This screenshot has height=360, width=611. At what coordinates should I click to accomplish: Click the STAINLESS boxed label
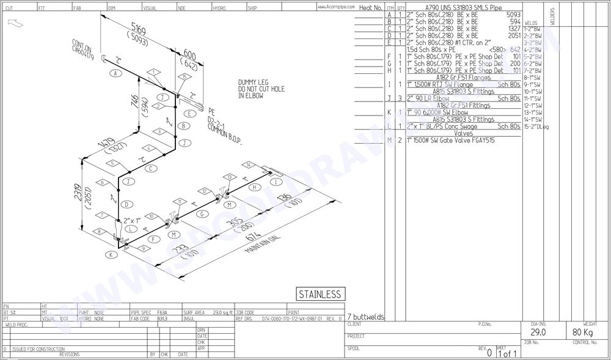click(319, 295)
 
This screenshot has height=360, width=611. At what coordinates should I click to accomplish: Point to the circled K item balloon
click(110, 254)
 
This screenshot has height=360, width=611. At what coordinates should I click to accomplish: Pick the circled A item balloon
click(114, 73)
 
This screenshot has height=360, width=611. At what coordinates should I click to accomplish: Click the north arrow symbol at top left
click(15, 23)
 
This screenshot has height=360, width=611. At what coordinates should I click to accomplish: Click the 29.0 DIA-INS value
click(537, 332)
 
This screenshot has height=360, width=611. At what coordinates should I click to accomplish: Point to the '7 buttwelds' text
click(365, 317)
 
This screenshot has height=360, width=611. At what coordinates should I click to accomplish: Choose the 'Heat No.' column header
click(370, 8)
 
